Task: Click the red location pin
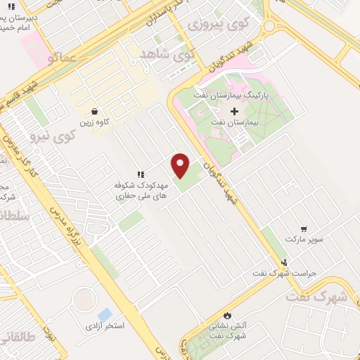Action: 181,165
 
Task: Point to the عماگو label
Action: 61,58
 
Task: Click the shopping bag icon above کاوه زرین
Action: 94,111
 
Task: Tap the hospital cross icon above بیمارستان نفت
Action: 234,111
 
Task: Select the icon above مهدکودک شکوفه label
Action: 140,174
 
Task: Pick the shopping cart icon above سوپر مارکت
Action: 304,229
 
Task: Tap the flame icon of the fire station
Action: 226,314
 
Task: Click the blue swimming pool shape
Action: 105,314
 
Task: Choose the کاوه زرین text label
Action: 94,122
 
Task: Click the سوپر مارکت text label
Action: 304,239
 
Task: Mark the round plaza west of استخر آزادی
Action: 84,300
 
